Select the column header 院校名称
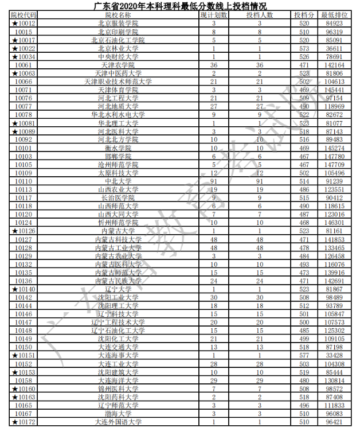click(118, 15)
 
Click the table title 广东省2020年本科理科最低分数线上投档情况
click(179, 6)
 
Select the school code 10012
click(26, 24)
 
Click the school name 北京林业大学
click(118, 49)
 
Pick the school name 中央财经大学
click(118, 57)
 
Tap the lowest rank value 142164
click(334, 65)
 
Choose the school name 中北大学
click(118, 181)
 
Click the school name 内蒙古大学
click(118, 231)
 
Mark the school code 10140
click(26, 290)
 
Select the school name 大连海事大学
click(118, 356)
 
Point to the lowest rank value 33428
click(334, 356)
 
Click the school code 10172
click(26, 422)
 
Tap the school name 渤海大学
click(118, 414)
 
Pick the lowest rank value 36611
click(334, 49)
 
